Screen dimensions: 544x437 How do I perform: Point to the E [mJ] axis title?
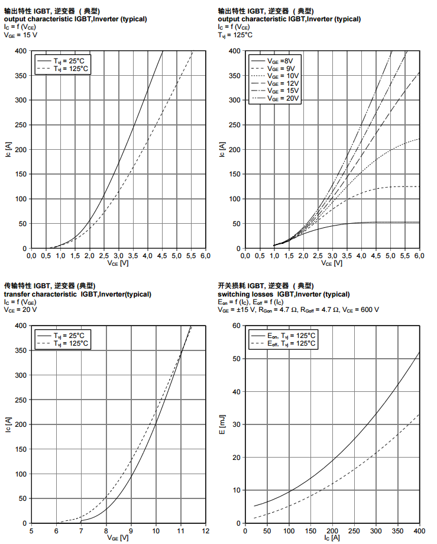point(222,424)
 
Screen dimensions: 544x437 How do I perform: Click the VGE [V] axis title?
point(118,537)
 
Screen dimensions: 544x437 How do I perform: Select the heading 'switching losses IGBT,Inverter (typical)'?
point(283,294)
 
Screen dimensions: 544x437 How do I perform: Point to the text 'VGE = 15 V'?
point(21,35)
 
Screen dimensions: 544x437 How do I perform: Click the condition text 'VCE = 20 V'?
point(21,310)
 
